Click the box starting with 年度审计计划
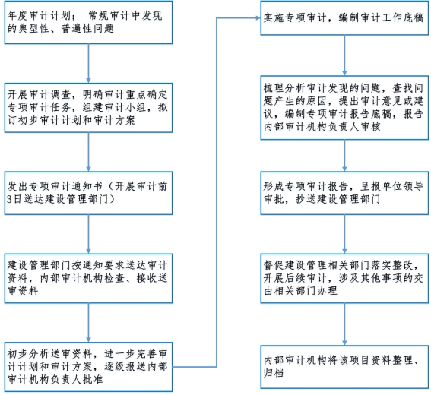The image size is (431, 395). [x=88, y=22]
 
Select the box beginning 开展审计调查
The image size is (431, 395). [x=88, y=108]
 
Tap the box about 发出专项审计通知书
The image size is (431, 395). [x=88, y=193]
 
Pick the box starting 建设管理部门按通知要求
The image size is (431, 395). [x=88, y=279]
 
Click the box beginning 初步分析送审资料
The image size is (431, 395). [x=88, y=367]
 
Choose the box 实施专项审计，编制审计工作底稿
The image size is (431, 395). [x=344, y=18]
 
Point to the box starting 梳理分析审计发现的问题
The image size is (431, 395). [x=344, y=108]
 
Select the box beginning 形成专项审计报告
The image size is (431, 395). [x=344, y=193]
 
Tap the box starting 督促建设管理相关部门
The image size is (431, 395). [x=344, y=279]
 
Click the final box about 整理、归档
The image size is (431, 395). [x=344, y=367]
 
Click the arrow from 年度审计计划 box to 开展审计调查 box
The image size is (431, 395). [x=88, y=64]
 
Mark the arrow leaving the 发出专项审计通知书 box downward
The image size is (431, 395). [x=88, y=234]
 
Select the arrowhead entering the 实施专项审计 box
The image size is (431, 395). [x=258, y=18]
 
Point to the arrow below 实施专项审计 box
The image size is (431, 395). [x=344, y=55]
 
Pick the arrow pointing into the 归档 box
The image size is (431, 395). [x=344, y=324]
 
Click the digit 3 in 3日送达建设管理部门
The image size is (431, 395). [x=9, y=199]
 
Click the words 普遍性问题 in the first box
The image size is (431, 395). [x=87, y=28]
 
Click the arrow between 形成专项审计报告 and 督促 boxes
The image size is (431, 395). [x=344, y=234]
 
